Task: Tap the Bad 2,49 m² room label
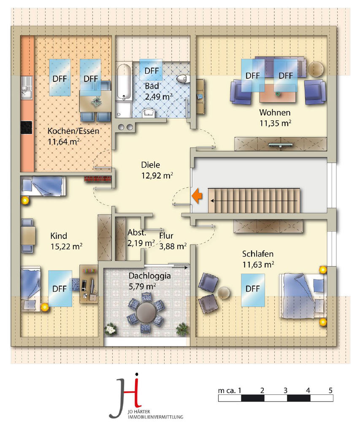[159, 91]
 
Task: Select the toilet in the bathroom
[183, 79]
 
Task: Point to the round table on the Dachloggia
[146, 312]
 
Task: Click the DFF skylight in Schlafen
[253, 290]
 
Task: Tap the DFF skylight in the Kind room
[60, 289]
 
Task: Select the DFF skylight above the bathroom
[151, 70]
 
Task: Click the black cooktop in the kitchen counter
[27, 127]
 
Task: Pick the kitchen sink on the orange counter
[27, 88]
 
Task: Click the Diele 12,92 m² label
[157, 170]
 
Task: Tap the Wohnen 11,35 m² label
[275, 118]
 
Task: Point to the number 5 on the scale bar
[330, 390]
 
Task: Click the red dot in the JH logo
[136, 375]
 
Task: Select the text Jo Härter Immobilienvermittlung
[155, 414]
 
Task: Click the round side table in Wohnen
[316, 69]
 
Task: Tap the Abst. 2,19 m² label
[141, 238]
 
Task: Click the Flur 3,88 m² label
[173, 241]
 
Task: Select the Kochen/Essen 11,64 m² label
[73, 136]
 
